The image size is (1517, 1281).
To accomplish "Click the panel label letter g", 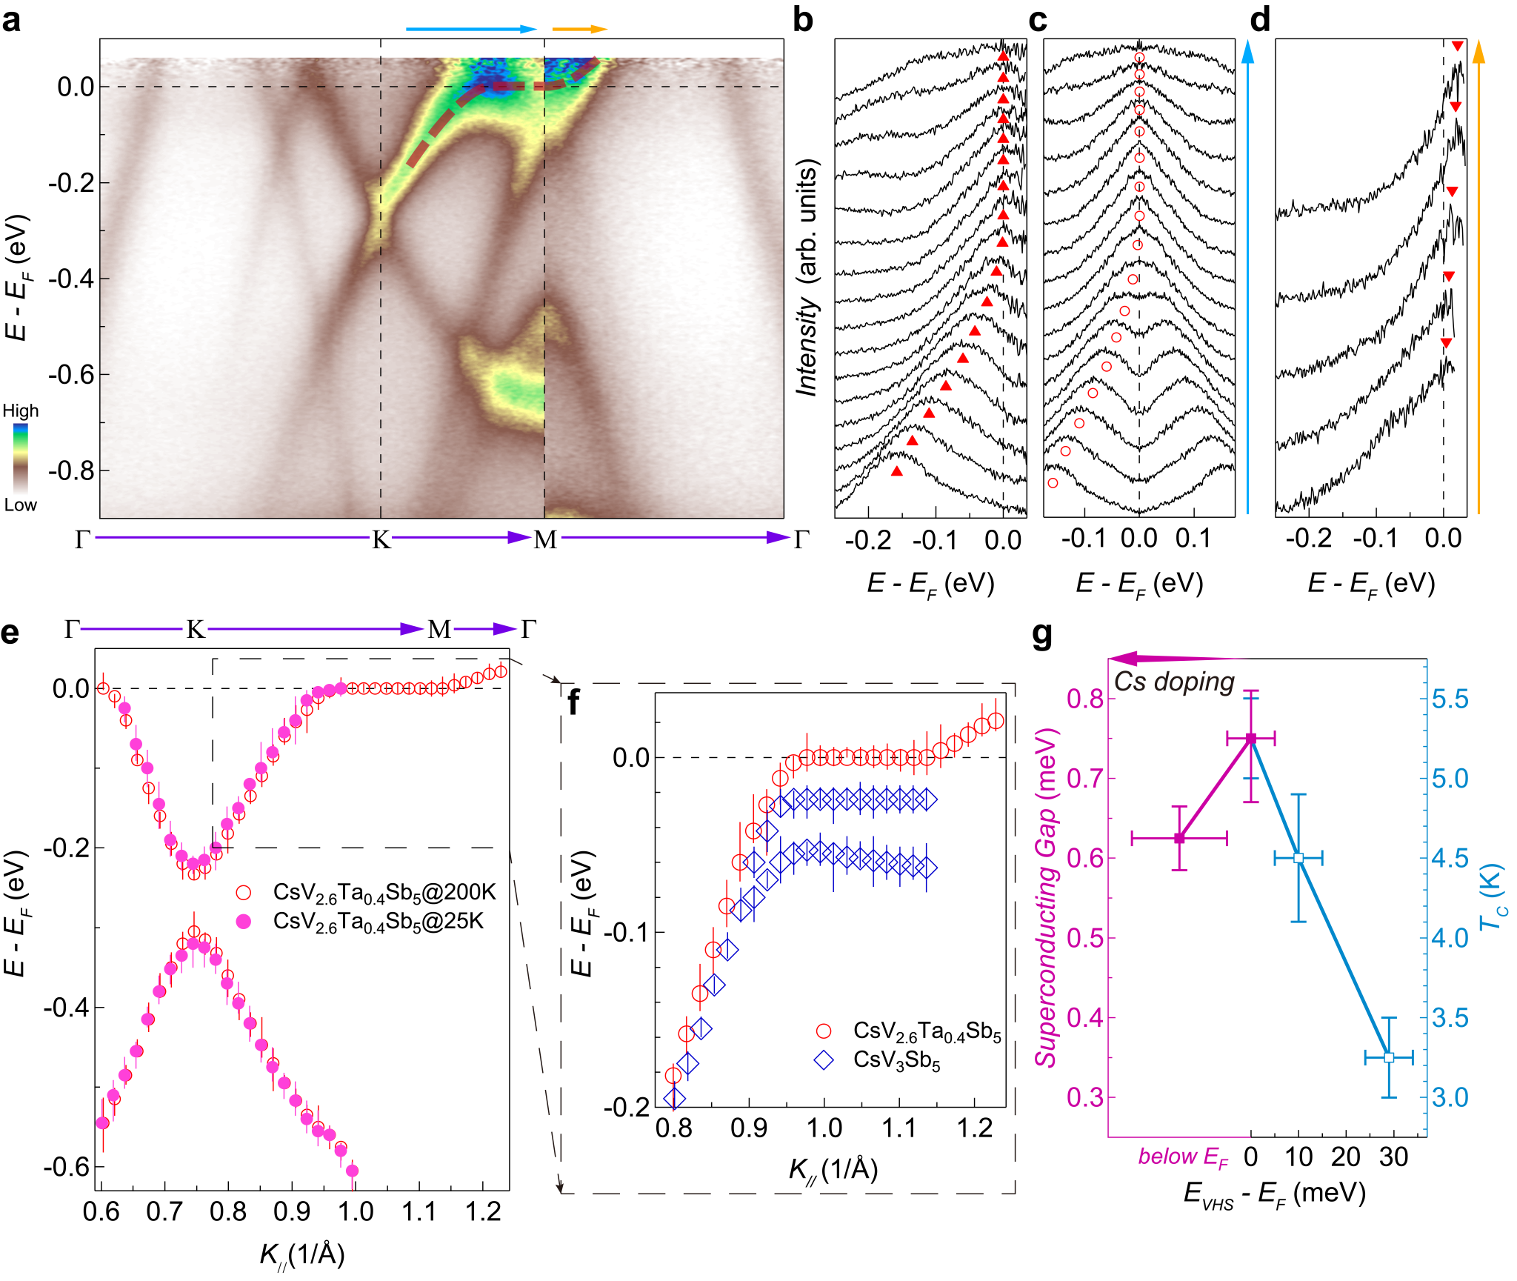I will (1042, 634).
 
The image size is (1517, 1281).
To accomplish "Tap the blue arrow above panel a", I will (470, 30).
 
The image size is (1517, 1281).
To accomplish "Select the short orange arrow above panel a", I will (579, 30).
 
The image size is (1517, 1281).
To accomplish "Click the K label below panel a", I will (381, 539).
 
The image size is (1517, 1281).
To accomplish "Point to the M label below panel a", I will (545, 539).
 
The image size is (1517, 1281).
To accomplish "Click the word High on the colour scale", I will (21, 411).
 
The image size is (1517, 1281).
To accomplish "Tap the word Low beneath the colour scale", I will (21, 505).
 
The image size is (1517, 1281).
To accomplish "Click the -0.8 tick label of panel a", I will (72, 470).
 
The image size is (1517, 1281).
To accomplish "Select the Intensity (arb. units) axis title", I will (807, 278).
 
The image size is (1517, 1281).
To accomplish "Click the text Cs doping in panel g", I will (1174, 682).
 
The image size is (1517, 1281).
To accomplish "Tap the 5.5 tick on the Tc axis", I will (1450, 699).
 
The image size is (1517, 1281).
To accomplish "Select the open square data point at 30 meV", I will (1389, 1057).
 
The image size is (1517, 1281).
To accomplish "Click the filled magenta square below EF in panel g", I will (1180, 838).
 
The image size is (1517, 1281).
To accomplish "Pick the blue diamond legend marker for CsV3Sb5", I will (824, 1060).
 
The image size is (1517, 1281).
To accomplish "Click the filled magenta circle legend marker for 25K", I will (243, 921).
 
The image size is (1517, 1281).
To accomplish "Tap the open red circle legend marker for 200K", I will (243, 892).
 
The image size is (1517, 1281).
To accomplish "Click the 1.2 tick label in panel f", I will (975, 1128).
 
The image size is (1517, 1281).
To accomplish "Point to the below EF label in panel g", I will (1183, 1157).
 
